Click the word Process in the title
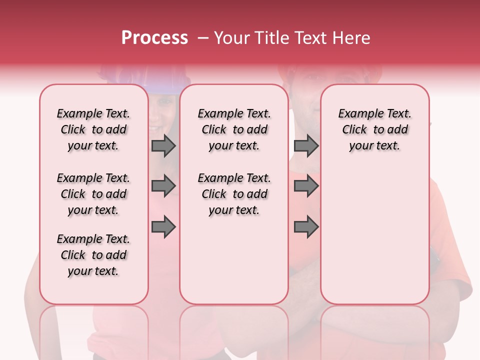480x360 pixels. [x=154, y=38]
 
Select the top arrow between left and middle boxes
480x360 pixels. [x=163, y=146]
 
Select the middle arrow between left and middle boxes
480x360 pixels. [x=163, y=186]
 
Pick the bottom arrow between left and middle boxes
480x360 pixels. [x=163, y=227]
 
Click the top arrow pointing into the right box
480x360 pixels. [x=306, y=146]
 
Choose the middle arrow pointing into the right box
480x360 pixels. [x=306, y=186]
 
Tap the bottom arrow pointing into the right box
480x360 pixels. [x=306, y=227]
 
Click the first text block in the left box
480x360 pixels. [x=93, y=129]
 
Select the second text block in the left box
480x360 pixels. [x=93, y=194]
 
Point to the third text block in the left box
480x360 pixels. [x=93, y=255]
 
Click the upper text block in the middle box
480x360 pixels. [x=234, y=129]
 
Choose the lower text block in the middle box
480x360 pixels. [x=234, y=194]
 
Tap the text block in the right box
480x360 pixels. [x=374, y=129]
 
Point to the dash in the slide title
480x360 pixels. [x=203, y=38]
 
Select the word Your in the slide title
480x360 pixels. [x=231, y=38]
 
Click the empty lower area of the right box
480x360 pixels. [x=374, y=235]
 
